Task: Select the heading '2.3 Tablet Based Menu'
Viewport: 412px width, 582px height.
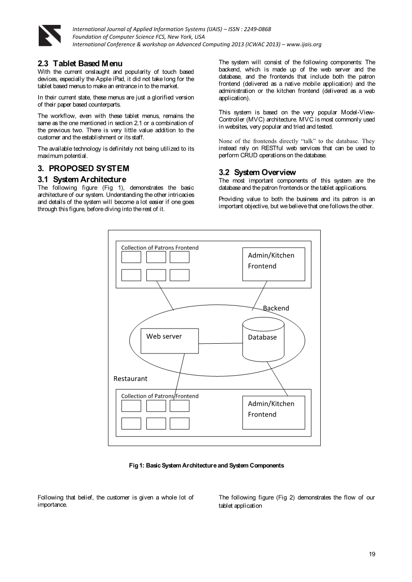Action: pyautogui.click(x=80, y=64)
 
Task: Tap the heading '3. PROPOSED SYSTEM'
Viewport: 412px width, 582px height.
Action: pyautogui.click(x=83, y=169)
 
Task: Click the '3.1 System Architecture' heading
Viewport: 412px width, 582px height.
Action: pyautogui.click(x=82, y=180)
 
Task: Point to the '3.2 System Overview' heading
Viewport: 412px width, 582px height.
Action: pyautogui.click(x=257, y=173)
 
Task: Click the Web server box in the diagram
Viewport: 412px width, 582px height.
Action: pyautogui.click(x=170, y=341)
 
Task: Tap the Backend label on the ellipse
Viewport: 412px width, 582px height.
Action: pyautogui.click(x=276, y=308)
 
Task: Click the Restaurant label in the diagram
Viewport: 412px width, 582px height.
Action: pyautogui.click(x=130, y=379)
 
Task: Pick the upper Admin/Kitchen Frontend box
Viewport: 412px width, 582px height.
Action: pyautogui.click(x=274, y=264)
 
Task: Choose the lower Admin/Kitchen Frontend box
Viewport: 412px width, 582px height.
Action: pyautogui.click(x=274, y=413)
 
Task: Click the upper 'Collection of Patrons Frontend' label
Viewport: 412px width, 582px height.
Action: pyautogui.click(x=160, y=248)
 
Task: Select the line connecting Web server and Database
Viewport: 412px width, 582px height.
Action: pyautogui.click(x=220, y=343)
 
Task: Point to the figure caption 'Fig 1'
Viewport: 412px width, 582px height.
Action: pyautogui.click(x=206, y=466)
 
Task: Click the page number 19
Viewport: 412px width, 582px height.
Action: pyautogui.click(x=372, y=554)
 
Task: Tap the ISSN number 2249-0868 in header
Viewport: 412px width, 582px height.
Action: pyautogui.click(x=255, y=29)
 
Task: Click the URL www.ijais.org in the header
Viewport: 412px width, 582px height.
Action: pyautogui.click(x=304, y=44)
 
